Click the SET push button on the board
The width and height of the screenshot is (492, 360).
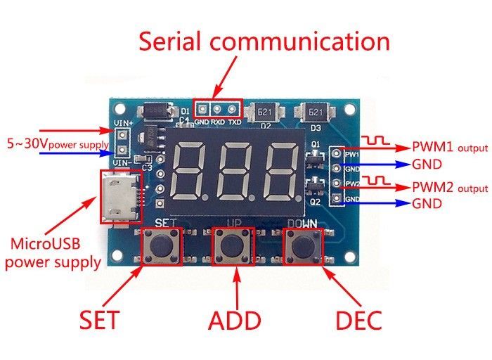click(161, 245)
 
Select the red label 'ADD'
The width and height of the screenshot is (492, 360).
click(235, 321)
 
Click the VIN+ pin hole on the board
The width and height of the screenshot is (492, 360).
click(121, 136)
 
